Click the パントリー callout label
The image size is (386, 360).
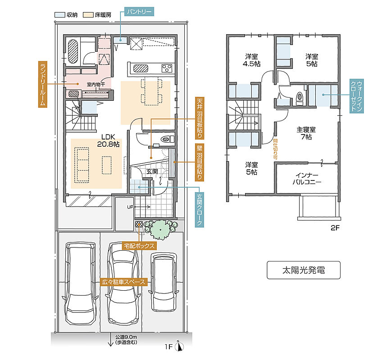139,12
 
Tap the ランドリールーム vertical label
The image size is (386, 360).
43,84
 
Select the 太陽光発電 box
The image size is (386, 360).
304,270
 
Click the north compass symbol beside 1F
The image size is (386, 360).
179,346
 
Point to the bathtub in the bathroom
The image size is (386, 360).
73,51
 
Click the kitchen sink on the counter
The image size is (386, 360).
141,68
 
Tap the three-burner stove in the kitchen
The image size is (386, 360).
167,68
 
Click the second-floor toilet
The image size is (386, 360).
300,97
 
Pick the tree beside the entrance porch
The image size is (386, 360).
160,229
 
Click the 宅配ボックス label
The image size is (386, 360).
139,245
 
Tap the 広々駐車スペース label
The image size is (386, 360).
123,282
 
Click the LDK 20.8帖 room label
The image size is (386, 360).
108,141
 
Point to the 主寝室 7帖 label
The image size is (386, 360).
306,133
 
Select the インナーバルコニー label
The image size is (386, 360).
307,179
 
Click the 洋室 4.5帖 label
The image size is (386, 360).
251,60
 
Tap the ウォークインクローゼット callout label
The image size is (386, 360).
356,96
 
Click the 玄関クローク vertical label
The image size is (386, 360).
200,210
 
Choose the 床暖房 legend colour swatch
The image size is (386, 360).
88,15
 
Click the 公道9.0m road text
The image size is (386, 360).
126,337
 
